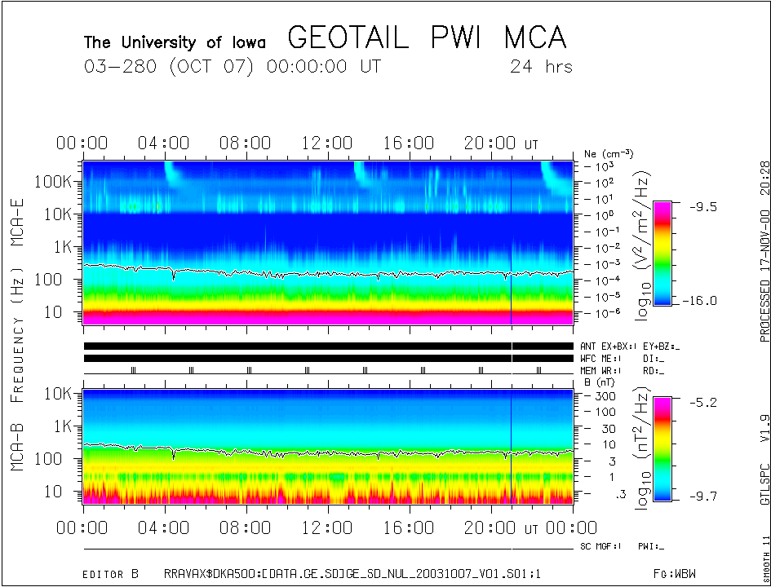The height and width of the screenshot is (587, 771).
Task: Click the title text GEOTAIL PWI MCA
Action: click(427, 38)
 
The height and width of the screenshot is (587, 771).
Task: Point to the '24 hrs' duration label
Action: click(541, 67)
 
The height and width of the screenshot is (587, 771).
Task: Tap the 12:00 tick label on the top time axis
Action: click(326, 143)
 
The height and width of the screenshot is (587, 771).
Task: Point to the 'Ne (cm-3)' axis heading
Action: click(608, 153)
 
